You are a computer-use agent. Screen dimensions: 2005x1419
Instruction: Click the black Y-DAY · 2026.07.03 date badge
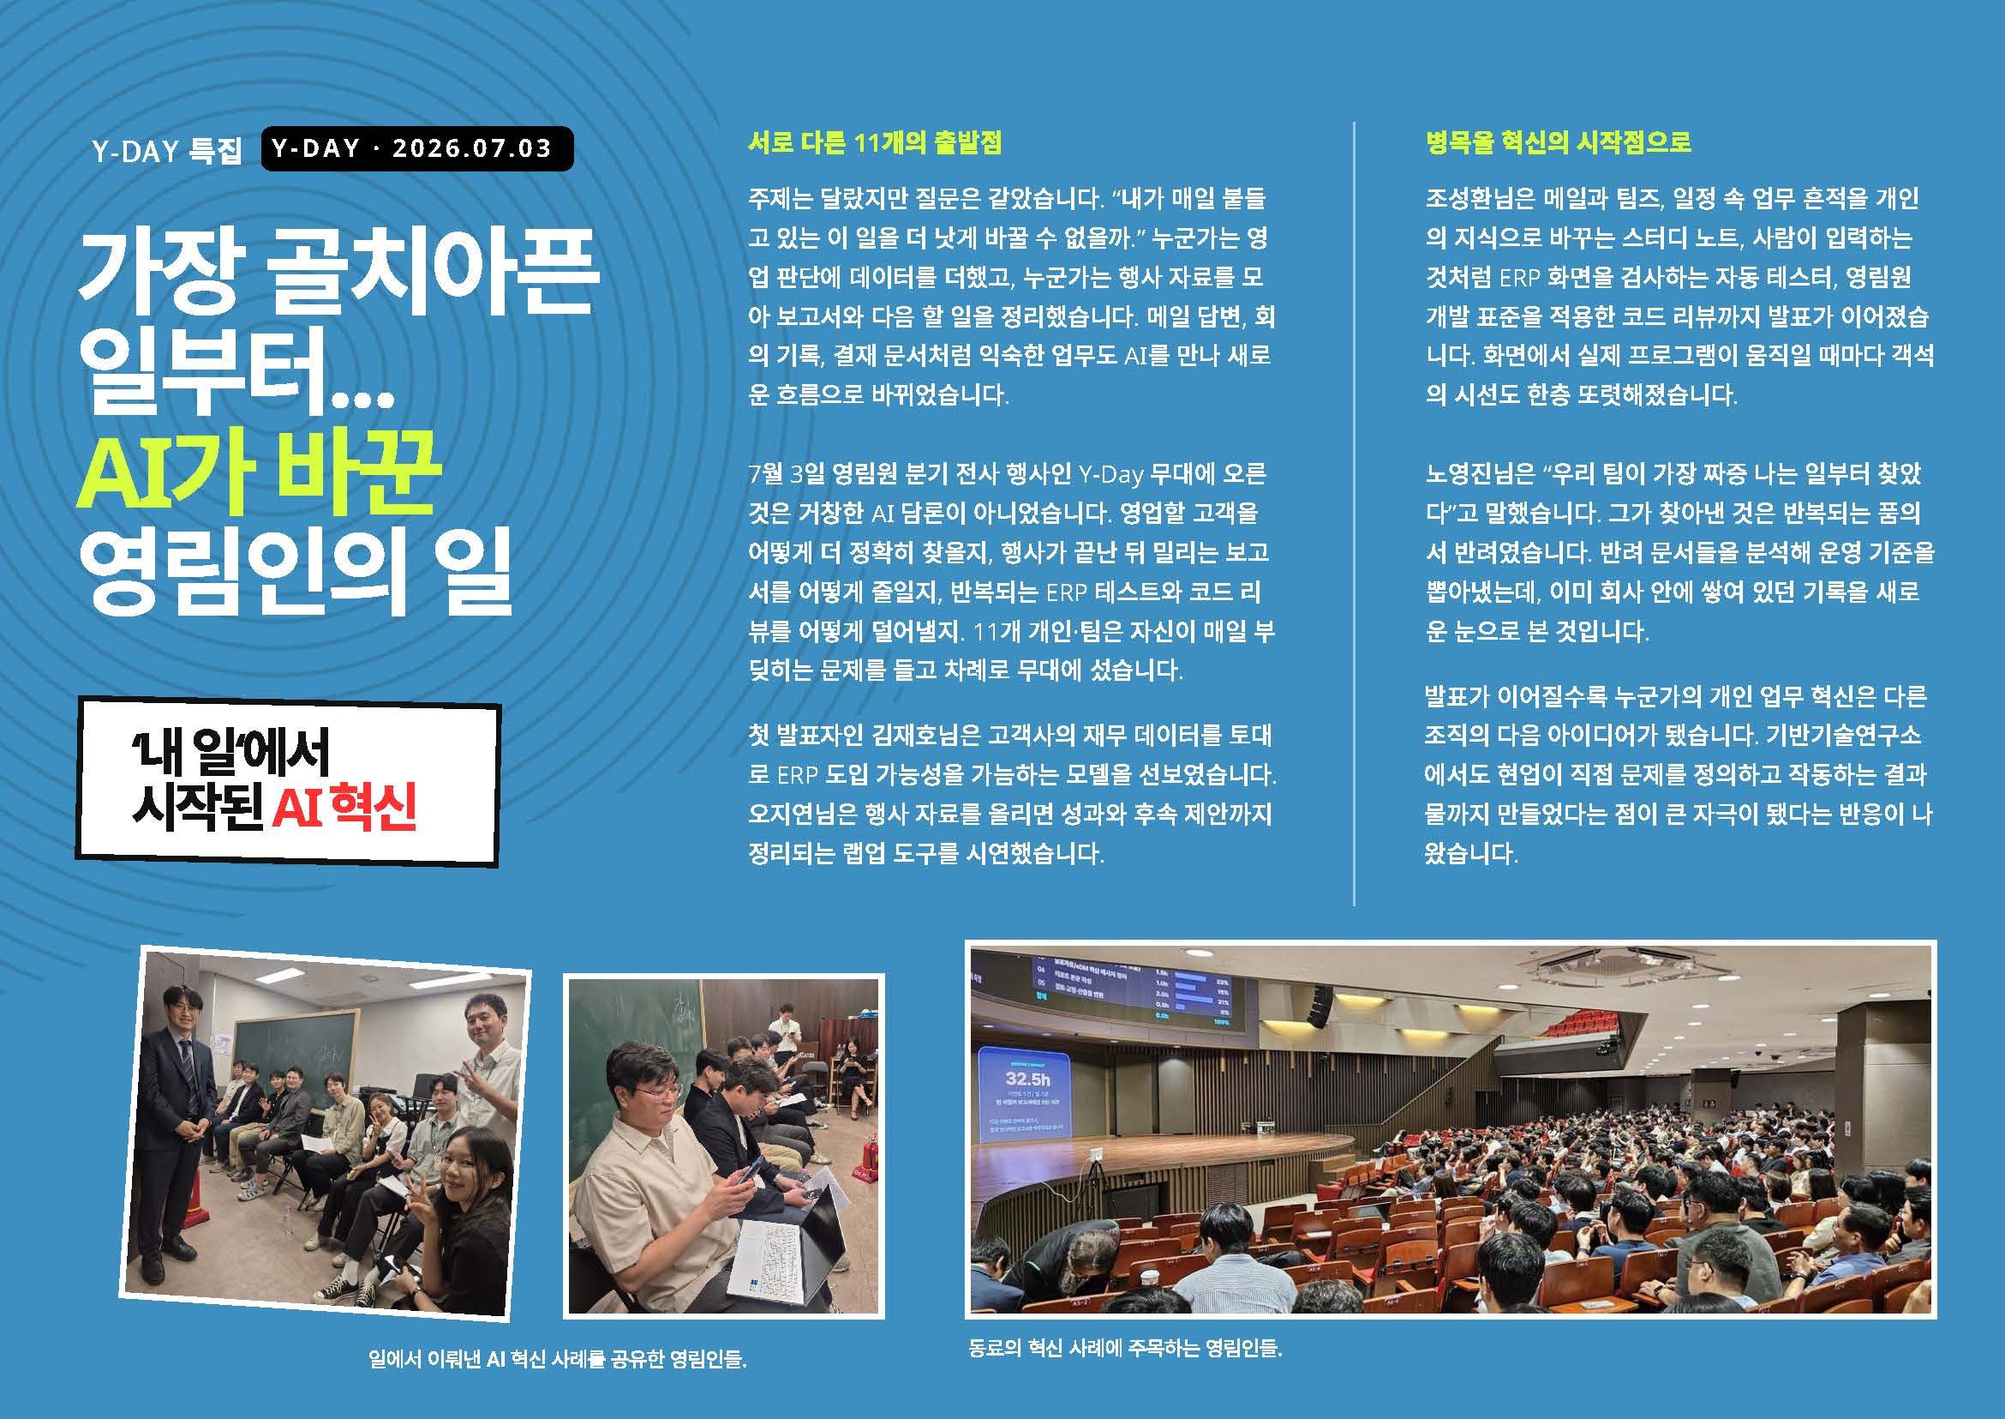[x=417, y=148]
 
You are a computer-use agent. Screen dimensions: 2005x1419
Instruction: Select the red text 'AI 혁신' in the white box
[x=344, y=805]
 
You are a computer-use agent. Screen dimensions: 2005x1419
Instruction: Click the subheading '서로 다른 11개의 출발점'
[x=874, y=141]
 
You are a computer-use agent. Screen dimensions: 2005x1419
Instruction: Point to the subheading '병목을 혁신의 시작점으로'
[x=1558, y=141]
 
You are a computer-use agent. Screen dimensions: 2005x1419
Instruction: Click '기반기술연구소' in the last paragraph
[x=1843, y=735]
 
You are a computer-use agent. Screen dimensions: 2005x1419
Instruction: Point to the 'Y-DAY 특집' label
[x=166, y=150]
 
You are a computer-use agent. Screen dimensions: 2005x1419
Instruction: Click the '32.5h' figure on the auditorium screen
[x=1027, y=1079]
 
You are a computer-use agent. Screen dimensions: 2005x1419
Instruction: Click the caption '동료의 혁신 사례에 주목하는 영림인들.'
[x=1125, y=1347]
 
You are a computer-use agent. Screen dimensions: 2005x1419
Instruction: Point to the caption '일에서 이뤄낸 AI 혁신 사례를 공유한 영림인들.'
[x=557, y=1359]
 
